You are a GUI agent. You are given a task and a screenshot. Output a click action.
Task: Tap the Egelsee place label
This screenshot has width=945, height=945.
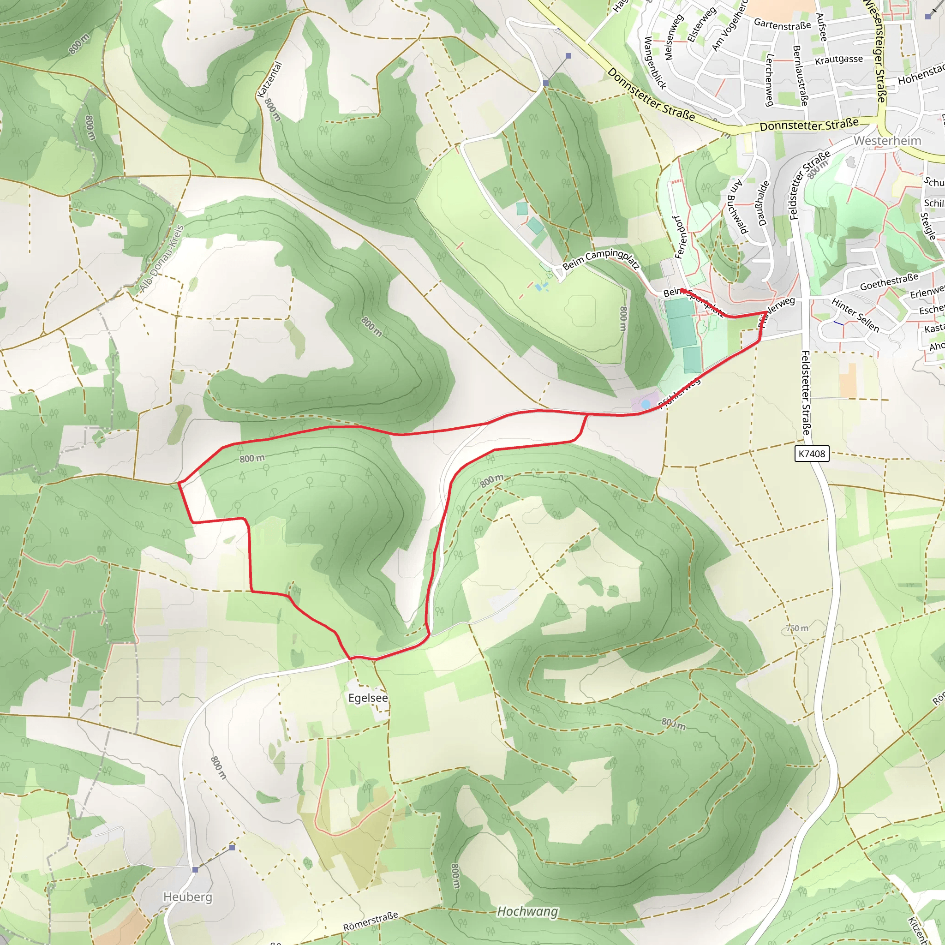pyautogui.click(x=368, y=698)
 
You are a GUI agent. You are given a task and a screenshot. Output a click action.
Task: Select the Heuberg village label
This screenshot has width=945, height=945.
pyautogui.click(x=188, y=897)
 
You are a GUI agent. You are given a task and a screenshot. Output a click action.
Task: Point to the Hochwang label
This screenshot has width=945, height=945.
pyautogui.click(x=527, y=911)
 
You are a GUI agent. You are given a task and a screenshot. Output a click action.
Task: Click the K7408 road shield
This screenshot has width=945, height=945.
pyautogui.click(x=812, y=454)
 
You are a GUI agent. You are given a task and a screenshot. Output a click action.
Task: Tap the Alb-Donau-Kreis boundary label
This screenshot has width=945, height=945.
pyautogui.click(x=161, y=259)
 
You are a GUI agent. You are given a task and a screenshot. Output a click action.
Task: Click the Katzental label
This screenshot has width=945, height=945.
pyautogui.click(x=270, y=79)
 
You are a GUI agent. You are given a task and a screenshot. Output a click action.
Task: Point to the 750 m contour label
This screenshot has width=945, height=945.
pyautogui.click(x=797, y=628)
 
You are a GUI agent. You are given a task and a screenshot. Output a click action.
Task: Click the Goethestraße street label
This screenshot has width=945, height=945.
pyautogui.click(x=889, y=282)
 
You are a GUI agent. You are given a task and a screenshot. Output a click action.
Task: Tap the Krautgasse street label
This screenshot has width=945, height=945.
pyautogui.click(x=839, y=60)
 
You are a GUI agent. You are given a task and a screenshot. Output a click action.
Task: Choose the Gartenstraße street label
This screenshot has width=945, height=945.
pyautogui.click(x=782, y=24)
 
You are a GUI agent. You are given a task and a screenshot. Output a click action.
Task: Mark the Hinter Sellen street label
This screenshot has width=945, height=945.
pyautogui.click(x=855, y=316)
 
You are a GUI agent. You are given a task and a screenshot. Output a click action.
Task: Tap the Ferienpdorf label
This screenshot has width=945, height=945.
pyautogui.click(x=681, y=237)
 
